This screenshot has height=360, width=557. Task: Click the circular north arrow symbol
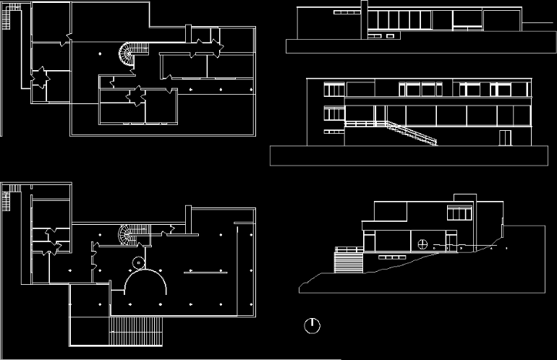(312, 325)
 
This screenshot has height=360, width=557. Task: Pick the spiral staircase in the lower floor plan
(130, 235)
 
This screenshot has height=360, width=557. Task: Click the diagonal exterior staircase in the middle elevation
(410, 133)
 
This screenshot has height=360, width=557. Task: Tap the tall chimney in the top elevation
(363, 18)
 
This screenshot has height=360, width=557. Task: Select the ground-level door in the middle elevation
(505, 138)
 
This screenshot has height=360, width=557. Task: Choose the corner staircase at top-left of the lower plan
(9, 197)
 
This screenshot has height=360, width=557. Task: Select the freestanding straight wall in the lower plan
(206, 273)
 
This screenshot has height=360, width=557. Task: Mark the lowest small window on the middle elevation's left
(333, 132)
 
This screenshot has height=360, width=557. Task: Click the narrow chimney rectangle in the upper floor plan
(187, 34)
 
